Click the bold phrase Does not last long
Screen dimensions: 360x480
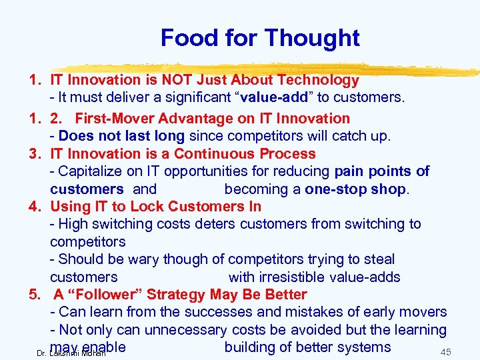(121, 136)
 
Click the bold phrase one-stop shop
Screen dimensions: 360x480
(355, 189)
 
